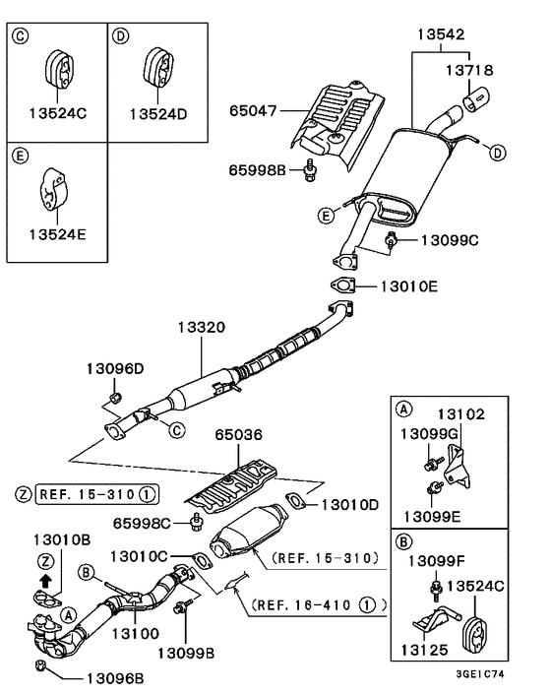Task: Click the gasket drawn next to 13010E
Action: tap(340, 286)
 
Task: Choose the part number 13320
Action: tap(202, 325)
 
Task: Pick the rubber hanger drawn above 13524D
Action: tap(156, 65)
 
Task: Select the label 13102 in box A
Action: tap(462, 414)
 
